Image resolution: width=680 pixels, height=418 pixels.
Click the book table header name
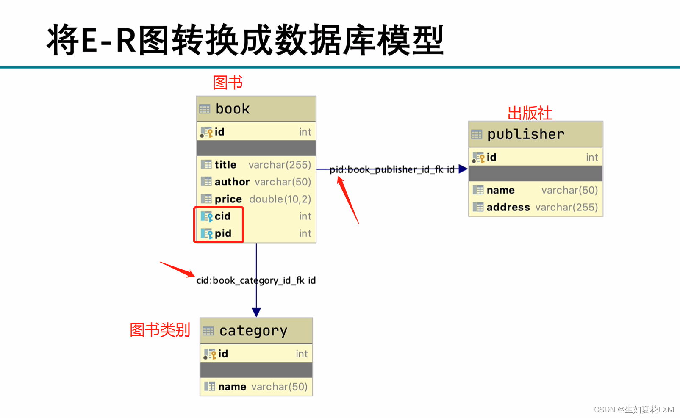(233, 109)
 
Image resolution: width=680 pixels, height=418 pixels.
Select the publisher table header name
(526, 135)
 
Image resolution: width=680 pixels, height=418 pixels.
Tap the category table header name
(253, 331)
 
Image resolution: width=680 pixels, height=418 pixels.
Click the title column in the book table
(225, 165)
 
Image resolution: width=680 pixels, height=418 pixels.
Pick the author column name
(232, 182)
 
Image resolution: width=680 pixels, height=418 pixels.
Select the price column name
(228, 199)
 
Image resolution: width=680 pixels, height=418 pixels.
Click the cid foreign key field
(222, 216)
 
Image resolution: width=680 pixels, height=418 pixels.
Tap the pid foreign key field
(223, 233)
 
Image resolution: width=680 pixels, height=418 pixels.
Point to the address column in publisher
(508, 208)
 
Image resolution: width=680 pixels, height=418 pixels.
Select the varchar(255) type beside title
(280, 165)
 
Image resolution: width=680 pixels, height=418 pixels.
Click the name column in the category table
(232, 387)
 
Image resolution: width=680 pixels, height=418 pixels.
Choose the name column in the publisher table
(500, 190)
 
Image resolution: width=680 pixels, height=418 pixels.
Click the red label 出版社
(530, 113)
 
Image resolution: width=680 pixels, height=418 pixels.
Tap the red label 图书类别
(160, 329)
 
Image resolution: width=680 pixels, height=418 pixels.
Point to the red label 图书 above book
(228, 82)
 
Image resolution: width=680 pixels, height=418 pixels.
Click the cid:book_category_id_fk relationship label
(255, 280)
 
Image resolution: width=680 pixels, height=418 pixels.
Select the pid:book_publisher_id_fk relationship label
(391, 170)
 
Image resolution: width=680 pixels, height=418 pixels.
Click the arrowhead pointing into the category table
(256, 313)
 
